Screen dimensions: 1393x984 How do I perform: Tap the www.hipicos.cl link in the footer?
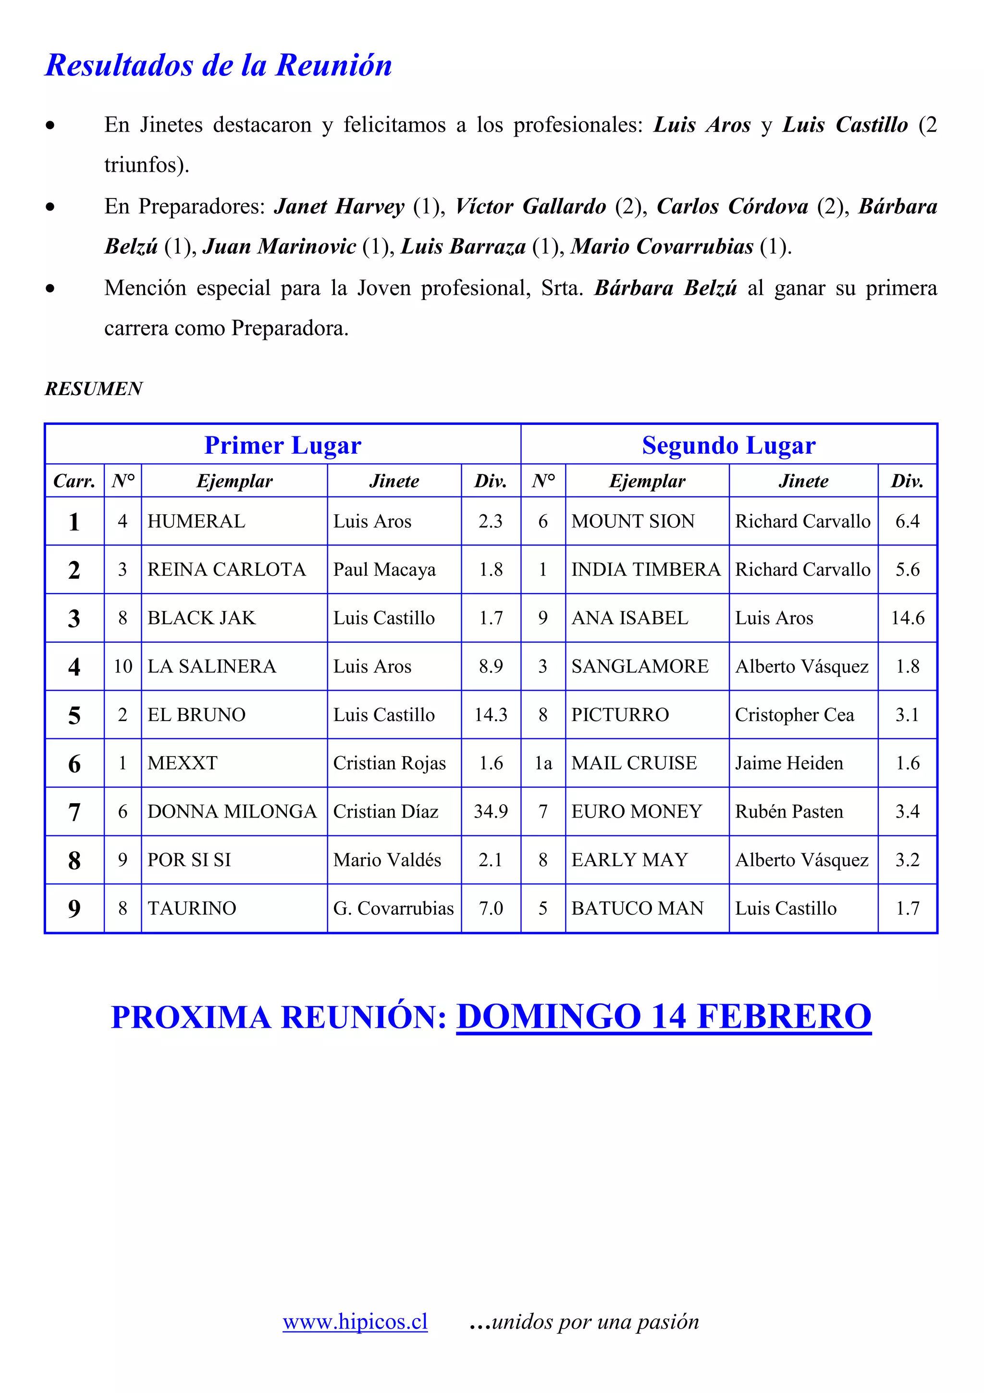tap(355, 1321)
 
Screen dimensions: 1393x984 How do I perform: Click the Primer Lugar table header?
tap(283, 445)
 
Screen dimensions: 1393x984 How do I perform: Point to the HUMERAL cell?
tap(197, 521)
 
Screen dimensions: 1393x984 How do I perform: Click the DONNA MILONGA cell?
tap(232, 811)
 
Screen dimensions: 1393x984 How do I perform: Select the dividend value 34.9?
tap(491, 811)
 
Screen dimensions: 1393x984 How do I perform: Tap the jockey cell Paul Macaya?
tap(384, 570)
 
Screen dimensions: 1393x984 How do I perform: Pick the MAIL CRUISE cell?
tap(634, 763)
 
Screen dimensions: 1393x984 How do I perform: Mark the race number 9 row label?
tap(74, 908)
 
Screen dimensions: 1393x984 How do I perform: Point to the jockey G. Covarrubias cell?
tap(394, 908)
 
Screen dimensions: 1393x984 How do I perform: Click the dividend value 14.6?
tap(907, 618)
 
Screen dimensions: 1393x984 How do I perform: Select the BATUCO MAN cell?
tap(637, 908)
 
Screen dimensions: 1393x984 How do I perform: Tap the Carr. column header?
tap(74, 481)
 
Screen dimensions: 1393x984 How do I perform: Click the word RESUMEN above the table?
tap(94, 388)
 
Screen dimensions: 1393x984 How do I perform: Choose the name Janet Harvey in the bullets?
tap(339, 206)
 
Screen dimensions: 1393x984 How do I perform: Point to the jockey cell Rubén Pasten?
tap(789, 811)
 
